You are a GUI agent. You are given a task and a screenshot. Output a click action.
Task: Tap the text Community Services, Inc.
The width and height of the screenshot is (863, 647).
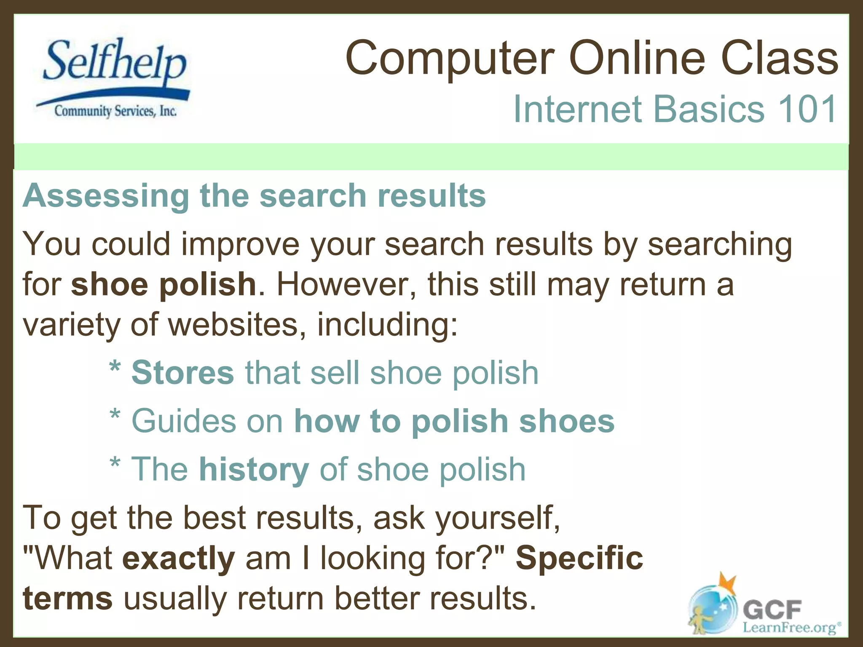point(115,111)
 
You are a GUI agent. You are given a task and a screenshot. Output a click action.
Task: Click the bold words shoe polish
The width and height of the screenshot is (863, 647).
point(163,284)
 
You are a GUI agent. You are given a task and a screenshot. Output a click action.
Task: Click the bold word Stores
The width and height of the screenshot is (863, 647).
point(182,373)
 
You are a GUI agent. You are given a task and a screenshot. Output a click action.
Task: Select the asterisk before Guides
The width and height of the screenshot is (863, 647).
point(115,415)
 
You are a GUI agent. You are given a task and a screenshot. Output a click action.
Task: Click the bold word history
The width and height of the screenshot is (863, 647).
point(254,469)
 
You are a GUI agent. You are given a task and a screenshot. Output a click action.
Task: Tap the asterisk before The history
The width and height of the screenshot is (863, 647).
point(115,463)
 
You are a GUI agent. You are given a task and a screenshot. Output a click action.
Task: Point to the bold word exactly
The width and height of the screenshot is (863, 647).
point(178,559)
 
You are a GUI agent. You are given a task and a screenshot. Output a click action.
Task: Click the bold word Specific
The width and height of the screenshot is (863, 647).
point(579,558)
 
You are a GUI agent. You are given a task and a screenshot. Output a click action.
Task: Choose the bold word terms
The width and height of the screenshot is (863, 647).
point(67,599)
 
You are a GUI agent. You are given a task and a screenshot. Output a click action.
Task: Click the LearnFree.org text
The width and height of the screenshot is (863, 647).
point(791,628)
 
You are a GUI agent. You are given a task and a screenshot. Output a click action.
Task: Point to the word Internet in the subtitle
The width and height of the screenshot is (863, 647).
point(577,109)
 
